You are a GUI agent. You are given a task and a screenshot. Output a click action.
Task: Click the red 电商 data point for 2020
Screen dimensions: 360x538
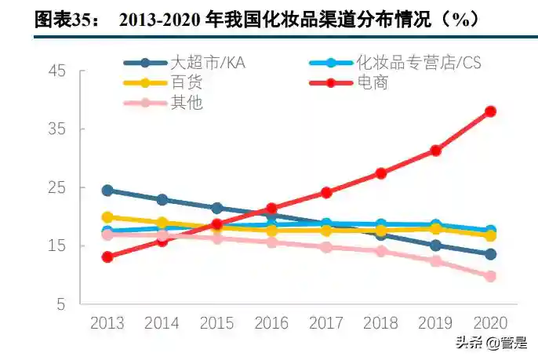point(490,111)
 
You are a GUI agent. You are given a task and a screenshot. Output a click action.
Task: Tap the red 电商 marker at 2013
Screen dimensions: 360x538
point(107,256)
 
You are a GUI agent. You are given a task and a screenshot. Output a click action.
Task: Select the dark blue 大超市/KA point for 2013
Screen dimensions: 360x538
point(107,190)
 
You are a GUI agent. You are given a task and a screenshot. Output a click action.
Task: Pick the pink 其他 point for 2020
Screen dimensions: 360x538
point(490,276)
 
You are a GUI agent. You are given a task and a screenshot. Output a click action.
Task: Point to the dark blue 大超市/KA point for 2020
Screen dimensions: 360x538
point(490,254)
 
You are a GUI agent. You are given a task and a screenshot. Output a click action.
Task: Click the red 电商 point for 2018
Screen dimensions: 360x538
point(381,173)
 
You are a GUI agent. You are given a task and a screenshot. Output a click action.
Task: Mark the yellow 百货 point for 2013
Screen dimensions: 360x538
point(107,217)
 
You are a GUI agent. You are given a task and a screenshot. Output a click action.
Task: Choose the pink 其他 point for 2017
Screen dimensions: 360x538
point(326,247)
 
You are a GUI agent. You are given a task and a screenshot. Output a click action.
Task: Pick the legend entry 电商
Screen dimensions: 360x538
point(373,82)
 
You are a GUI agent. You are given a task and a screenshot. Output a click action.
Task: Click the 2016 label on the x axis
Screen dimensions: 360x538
point(271,322)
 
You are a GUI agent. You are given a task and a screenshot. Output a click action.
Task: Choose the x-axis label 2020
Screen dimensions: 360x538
point(490,322)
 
